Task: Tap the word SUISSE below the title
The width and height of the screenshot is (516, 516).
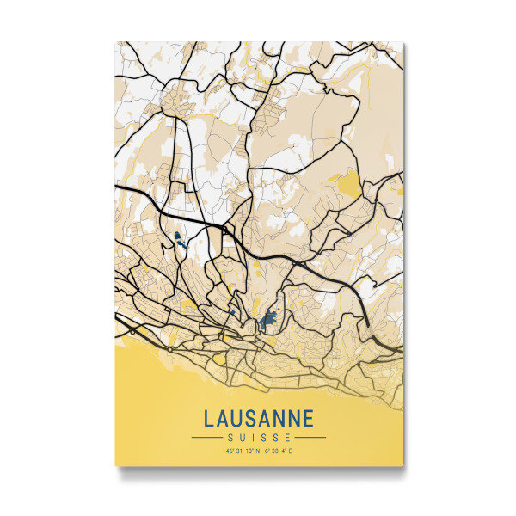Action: pyautogui.click(x=259, y=437)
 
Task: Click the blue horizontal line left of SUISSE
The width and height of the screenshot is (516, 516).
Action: pyautogui.click(x=208, y=437)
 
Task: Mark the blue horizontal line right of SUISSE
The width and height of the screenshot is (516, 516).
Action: pyautogui.click(x=310, y=437)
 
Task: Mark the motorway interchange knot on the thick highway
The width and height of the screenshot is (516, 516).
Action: pyautogui.click(x=225, y=230)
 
